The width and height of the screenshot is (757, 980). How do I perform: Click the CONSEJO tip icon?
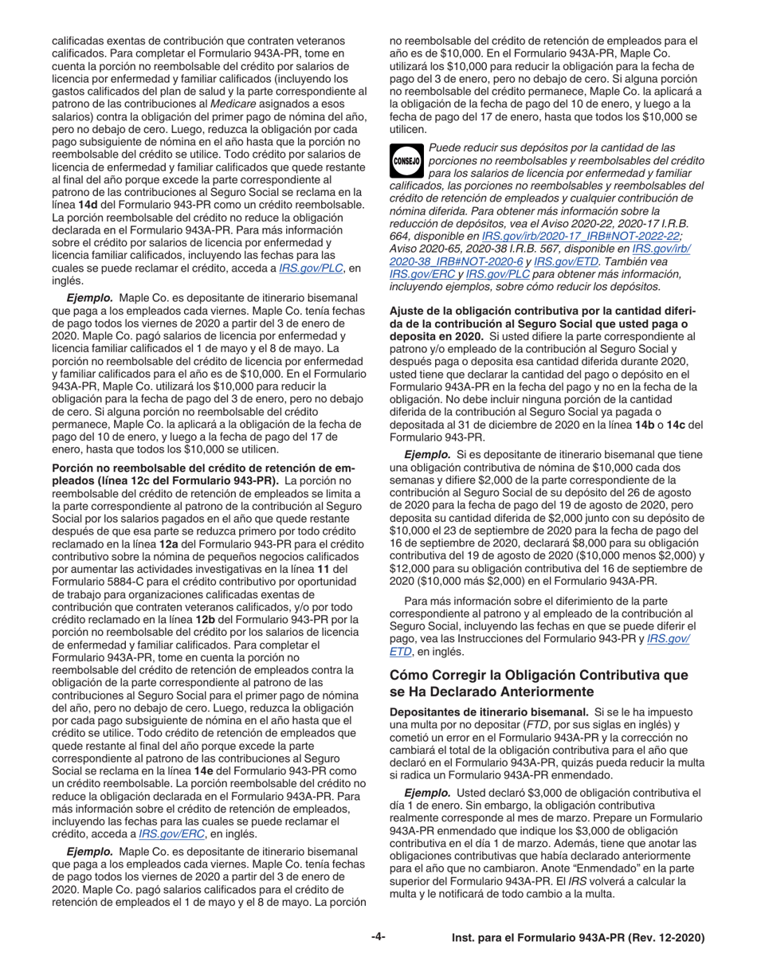pos(406,158)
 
